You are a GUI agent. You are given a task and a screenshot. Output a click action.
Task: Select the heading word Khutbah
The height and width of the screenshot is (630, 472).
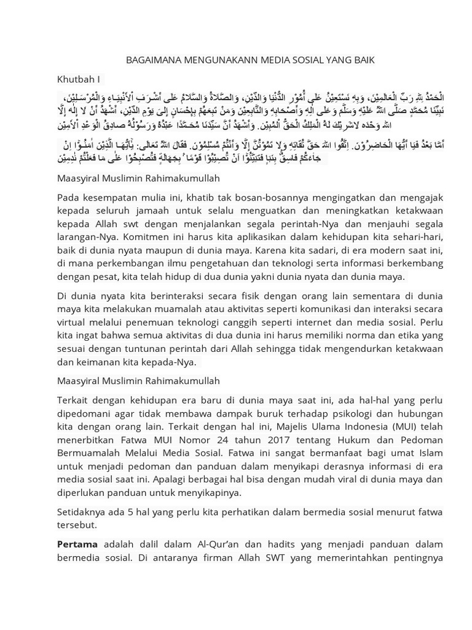coord(76,79)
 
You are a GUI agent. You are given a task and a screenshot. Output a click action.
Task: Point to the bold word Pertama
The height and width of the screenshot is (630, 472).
coord(77,544)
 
